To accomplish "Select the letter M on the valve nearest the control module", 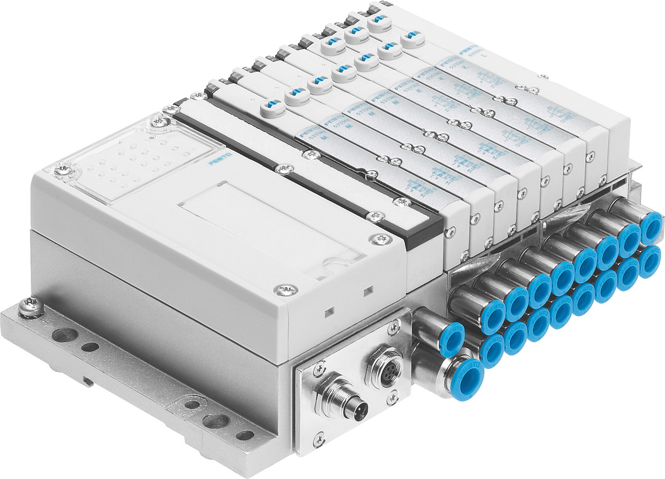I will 324,136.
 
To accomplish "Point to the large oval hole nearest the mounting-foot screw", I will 63,334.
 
